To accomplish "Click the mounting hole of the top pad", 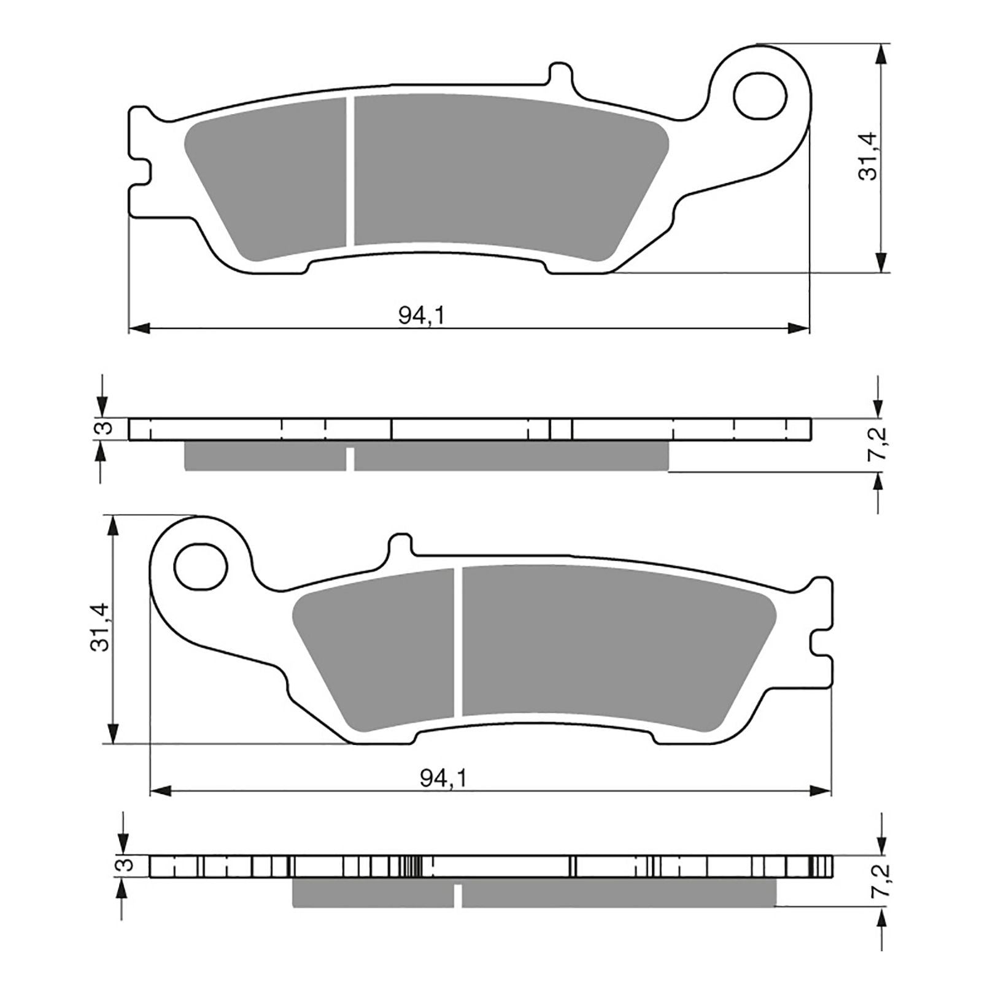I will (x=760, y=96).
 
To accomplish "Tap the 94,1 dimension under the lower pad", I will (x=443, y=778).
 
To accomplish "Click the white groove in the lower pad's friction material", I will (x=458, y=641).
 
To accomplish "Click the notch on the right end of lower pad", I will (x=820, y=643).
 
